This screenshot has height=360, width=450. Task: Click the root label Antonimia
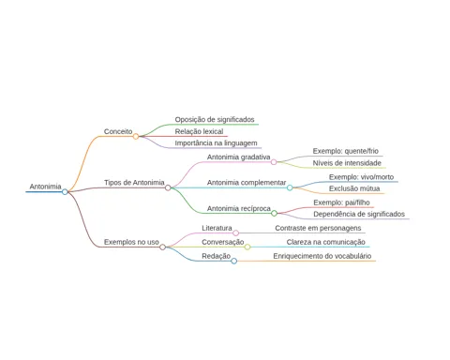[45, 187]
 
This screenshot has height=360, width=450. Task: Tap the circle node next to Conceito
[136, 136]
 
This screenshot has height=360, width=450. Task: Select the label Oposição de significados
[215, 119]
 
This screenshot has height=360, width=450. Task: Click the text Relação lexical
[199, 131]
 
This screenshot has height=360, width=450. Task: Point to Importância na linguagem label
[216, 143]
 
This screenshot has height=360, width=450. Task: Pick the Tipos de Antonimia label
[134, 183]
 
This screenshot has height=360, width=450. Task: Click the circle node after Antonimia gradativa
[274, 162]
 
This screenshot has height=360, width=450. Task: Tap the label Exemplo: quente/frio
[346, 151]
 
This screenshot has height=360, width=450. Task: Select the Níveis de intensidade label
[347, 163]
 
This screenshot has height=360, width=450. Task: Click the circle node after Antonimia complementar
[290, 187]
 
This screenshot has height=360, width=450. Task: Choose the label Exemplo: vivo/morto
[361, 177]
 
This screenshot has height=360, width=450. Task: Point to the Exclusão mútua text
[354, 188]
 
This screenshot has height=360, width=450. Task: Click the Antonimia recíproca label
[239, 208]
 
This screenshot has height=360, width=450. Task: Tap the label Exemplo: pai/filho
[341, 202]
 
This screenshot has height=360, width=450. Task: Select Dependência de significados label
[359, 214]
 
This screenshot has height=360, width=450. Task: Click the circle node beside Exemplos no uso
[162, 247]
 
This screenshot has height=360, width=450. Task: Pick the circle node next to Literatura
[236, 232]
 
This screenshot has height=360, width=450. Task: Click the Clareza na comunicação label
[325, 242]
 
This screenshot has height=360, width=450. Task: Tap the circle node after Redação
[233, 261]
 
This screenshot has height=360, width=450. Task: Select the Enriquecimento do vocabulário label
[322, 256]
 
